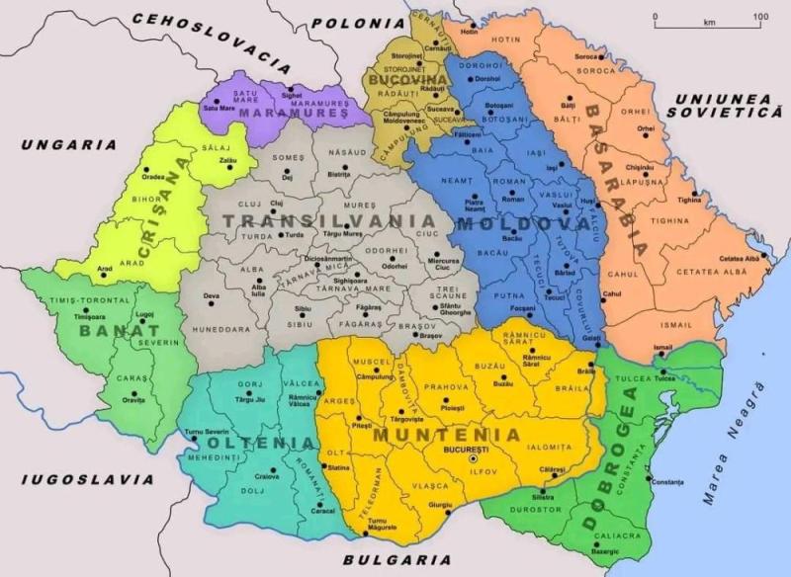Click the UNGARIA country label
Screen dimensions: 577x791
(68, 144)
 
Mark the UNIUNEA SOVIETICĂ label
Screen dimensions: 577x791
(723, 108)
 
